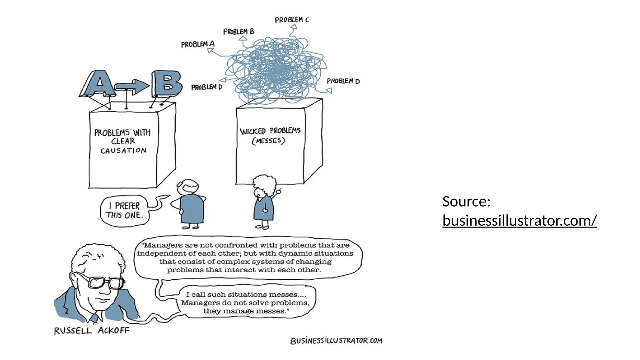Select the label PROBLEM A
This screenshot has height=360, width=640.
pos(197,44)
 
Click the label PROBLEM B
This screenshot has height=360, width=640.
pos(239,32)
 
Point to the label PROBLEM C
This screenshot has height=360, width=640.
pos(292,20)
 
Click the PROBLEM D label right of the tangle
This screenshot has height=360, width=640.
pos(343,81)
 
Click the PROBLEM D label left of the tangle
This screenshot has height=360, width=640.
pos(207,87)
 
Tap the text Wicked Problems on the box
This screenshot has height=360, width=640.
pos(270,131)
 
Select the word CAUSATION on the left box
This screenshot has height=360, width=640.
pos(123,151)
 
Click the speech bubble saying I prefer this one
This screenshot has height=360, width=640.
pos(124,211)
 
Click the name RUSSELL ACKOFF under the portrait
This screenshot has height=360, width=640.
pos(92,331)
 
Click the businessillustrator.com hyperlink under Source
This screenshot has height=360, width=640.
pos(519,221)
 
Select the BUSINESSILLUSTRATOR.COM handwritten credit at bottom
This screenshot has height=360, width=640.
pos(336,341)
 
